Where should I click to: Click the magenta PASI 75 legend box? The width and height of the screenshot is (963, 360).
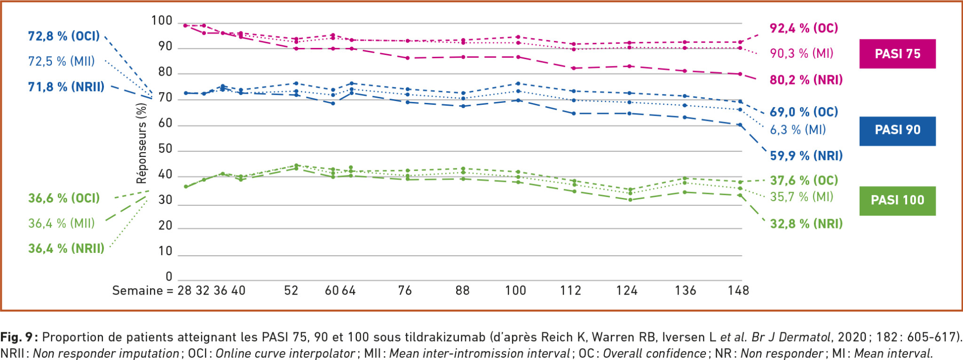coord(897,54)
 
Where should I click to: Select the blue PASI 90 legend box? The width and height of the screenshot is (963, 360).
coord(897,130)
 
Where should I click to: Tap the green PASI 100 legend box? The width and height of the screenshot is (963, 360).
coord(897,200)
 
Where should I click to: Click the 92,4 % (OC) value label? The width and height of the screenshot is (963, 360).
coord(804,28)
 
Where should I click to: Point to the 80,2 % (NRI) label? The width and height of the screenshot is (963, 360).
coord(806,80)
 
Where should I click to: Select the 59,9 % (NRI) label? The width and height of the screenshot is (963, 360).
coord(806,156)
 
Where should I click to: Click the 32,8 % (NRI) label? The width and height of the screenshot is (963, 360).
coord(806,224)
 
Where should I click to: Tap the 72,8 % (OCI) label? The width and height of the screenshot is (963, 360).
coord(64,36)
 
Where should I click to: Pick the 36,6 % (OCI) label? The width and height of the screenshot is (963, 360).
coord(64,198)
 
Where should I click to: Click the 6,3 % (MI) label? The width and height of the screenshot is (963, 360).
coord(797,130)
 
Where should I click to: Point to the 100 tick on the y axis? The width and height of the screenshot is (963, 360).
coord(162,21)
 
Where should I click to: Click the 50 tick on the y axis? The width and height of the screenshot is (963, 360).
coord(165,149)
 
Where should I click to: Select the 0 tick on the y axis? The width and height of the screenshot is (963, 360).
coord(169,276)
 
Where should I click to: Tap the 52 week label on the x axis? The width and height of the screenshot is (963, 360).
coord(291,290)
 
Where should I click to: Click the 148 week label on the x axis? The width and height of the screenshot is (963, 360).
coord(738,290)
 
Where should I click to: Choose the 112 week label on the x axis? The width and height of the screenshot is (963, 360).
coord(570,290)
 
